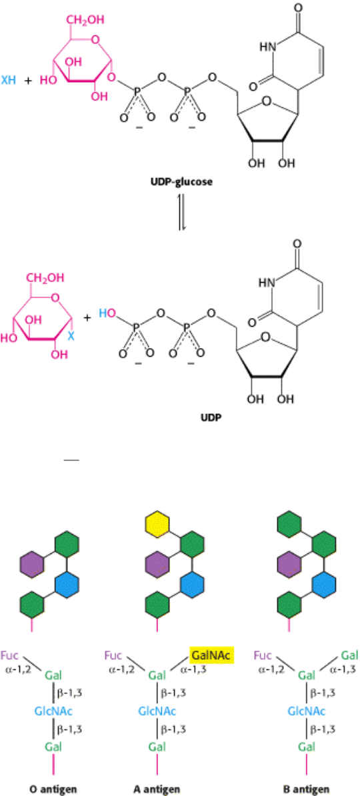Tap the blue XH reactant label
(9, 80)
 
